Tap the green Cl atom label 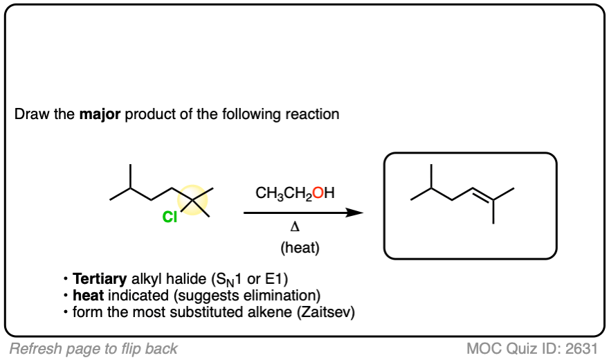170,217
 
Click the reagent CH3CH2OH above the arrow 295,194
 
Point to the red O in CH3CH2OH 318,194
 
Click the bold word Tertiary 100,280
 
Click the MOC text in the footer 481,348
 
